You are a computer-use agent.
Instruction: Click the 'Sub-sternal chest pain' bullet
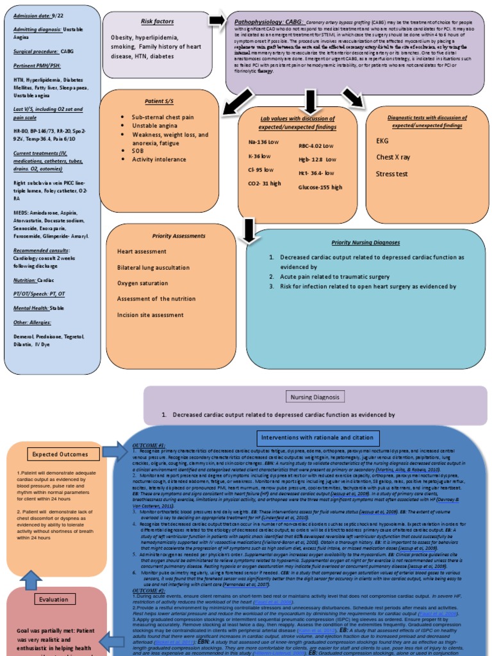pyautogui.click(x=163, y=117)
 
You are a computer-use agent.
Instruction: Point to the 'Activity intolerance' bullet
pyautogui.click(x=159, y=159)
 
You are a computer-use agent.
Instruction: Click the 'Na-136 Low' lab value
pyautogui.click(x=265, y=142)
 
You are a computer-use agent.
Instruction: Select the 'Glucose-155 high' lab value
pyautogui.click(x=320, y=187)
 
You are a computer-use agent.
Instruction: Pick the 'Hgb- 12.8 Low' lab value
pyautogui.click(x=317, y=159)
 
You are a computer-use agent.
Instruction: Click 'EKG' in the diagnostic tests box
pyautogui.click(x=382, y=140)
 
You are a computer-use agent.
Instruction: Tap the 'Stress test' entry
pyautogui.click(x=391, y=173)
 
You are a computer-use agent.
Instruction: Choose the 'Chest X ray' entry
pyautogui.click(x=393, y=157)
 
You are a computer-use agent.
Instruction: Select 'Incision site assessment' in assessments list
pyautogui.click(x=150, y=315)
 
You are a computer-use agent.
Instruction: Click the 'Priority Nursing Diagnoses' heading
pyautogui.click(x=365, y=243)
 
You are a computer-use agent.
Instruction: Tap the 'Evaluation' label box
pyautogui.click(x=53, y=600)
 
